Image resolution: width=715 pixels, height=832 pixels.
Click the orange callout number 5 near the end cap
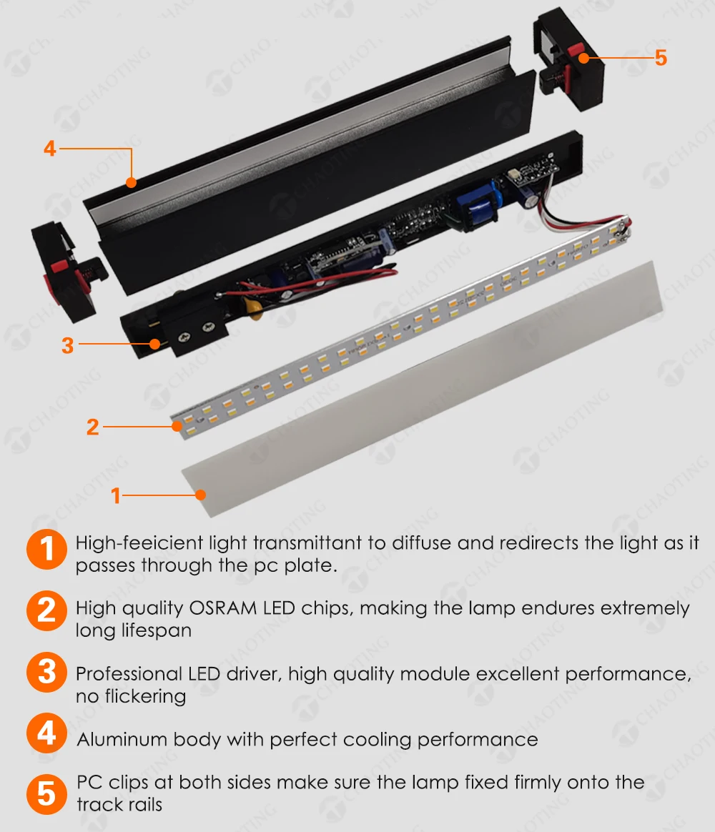click(661, 57)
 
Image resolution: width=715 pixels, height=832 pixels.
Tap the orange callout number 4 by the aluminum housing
click(50, 148)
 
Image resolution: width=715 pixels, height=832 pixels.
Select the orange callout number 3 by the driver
click(67, 345)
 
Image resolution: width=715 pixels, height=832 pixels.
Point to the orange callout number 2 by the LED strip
click(93, 427)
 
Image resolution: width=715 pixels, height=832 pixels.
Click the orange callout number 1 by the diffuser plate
click(116, 495)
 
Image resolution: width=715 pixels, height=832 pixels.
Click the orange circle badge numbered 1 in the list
click(46, 549)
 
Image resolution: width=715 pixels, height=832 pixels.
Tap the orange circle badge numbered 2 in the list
click(46, 610)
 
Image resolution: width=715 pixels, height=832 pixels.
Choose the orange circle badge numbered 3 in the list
click(46, 672)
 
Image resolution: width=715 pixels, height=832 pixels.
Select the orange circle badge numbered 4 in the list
click(46, 733)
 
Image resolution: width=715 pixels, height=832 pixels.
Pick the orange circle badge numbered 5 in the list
click(46, 794)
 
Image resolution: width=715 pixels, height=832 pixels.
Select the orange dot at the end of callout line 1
click(200, 495)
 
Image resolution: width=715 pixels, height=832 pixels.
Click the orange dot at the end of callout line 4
click(131, 183)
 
